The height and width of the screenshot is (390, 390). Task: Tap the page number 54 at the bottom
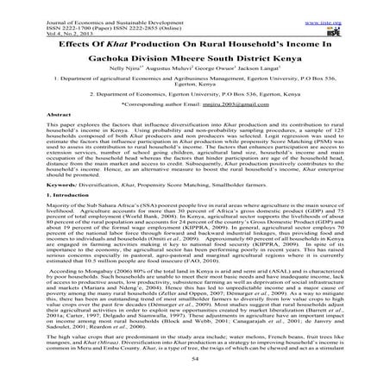pos(195,380)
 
